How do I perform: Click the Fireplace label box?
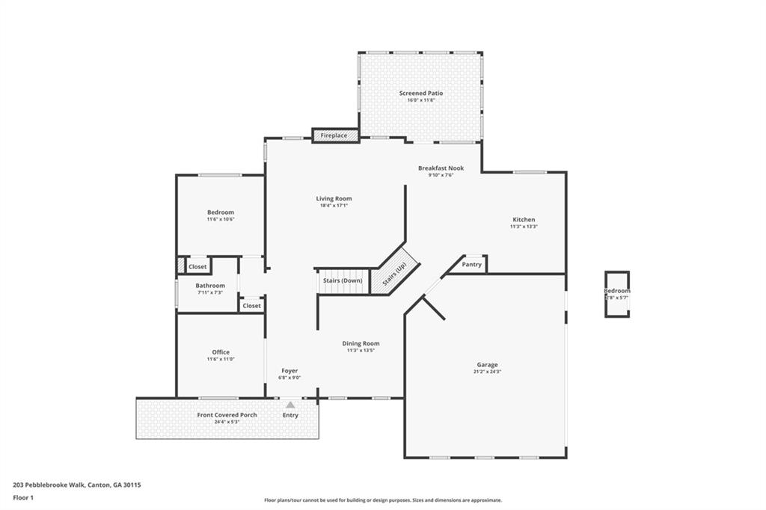pos(334,135)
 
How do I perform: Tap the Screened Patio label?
pos(425,93)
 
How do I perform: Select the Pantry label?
pos(472,264)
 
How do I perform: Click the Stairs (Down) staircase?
pos(343,280)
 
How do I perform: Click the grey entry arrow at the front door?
pos(290,405)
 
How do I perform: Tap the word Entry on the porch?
pos(290,415)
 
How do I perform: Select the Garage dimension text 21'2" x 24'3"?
pos(487,372)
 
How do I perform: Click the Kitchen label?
pos(523,220)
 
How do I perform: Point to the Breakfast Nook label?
pos(441,168)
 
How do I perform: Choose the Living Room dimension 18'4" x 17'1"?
pos(334,206)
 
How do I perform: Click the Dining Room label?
pos(361,343)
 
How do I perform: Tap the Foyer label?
pos(289,371)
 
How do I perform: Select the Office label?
pos(221,352)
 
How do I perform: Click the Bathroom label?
pos(210,286)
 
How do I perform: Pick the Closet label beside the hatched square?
pos(197,266)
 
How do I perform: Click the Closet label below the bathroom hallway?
pos(251,305)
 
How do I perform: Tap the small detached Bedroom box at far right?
pos(617,293)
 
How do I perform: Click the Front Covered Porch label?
pos(227,415)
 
